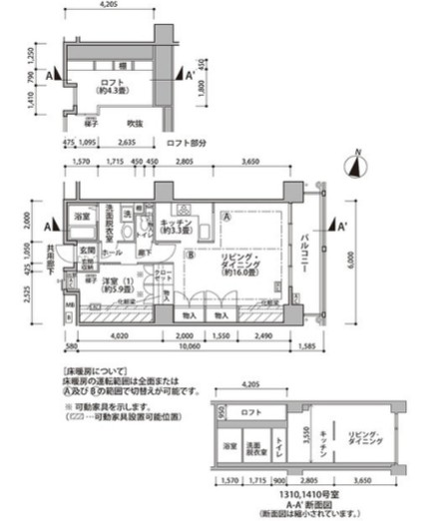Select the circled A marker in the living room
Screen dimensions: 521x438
point(228,217)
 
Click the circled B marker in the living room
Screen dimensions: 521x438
point(189,253)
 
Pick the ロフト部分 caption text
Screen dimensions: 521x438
point(187,143)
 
